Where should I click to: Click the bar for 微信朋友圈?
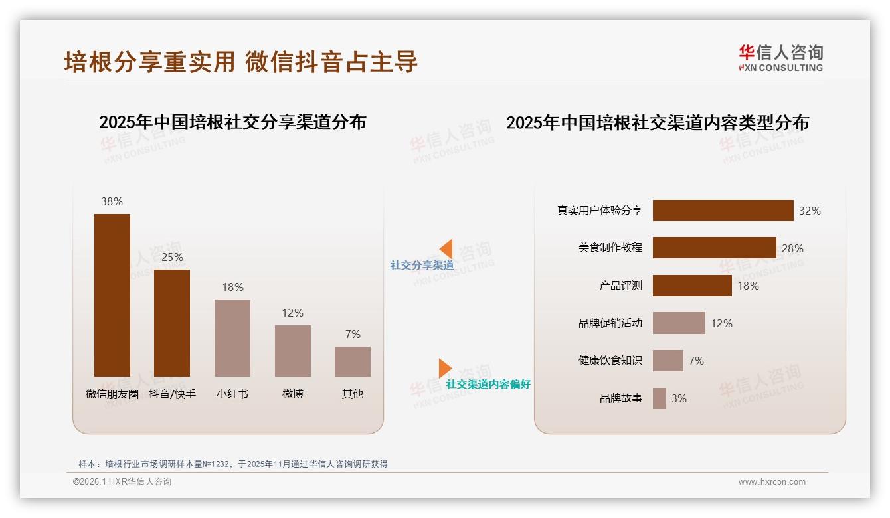coord(112,295)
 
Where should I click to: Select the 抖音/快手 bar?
coord(172,323)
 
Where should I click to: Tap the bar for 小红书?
coord(232,337)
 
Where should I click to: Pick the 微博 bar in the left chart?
coord(293,351)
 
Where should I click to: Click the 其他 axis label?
coord(353,394)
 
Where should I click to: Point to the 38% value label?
coord(112,201)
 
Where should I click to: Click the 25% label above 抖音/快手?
coord(172,257)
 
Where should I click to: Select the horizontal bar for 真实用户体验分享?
coord(723,211)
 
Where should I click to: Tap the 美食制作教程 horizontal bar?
coord(714,248)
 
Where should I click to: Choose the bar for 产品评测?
coord(692,286)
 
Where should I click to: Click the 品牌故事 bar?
coord(660,398)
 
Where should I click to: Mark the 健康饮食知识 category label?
coord(610,361)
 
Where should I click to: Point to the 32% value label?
coord(810,211)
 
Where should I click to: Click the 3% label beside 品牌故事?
coord(679,398)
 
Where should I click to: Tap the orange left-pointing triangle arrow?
coord(446,248)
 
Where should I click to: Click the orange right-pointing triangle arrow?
coord(444,368)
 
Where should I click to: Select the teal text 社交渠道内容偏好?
coord(488,384)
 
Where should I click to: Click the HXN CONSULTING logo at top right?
coord(780,58)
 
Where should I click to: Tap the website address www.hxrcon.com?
coord(772,482)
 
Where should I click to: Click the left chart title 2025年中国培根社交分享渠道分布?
coord(232,122)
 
